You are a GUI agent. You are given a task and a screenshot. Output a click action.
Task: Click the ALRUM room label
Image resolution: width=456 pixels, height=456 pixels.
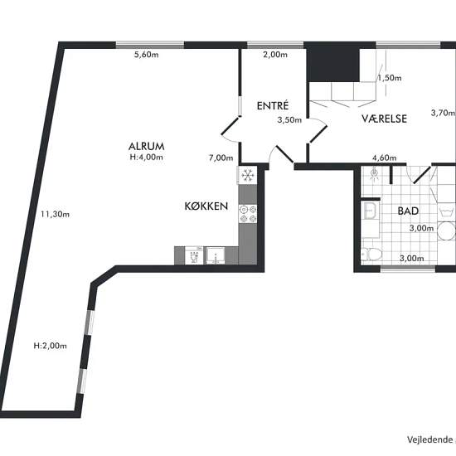(x=146, y=146)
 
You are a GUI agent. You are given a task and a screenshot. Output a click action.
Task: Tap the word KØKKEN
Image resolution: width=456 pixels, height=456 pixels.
(x=206, y=206)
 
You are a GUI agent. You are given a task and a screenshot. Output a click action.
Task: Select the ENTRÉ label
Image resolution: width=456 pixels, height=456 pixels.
(x=273, y=105)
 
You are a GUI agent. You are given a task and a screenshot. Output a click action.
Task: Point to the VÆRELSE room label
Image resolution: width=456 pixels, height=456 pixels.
(x=384, y=119)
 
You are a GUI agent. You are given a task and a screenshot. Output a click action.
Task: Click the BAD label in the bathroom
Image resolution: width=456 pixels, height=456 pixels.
(x=408, y=211)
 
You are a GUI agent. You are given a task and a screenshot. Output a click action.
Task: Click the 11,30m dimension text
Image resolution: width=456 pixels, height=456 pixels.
(x=55, y=215)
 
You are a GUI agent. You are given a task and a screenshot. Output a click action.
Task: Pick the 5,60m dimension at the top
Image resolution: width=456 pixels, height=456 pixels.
(x=146, y=55)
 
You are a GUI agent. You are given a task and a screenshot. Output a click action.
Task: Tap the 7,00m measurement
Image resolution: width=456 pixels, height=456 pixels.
(x=221, y=158)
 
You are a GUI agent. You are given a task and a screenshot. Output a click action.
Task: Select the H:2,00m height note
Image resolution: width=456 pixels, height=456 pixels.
(x=51, y=346)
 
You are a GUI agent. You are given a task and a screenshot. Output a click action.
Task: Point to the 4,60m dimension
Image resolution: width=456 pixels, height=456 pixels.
(x=385, y=158)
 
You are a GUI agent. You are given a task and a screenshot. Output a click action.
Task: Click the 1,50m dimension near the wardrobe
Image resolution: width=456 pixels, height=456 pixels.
(x=390, y=78)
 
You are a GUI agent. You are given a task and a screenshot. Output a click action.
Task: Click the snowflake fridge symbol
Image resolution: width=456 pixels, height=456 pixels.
(x=248, y=175)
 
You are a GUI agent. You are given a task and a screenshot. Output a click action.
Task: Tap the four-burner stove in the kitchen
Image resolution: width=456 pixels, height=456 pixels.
(x=248, y=214)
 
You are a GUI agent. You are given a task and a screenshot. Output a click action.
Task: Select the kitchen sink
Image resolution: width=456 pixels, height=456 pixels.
(x=216, y=255)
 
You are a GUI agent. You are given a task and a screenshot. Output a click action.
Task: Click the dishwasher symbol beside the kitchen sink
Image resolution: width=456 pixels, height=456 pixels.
(x=194, y=255)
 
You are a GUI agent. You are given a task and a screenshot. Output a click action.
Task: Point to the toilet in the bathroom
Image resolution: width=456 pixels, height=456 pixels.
(x=371, y=255)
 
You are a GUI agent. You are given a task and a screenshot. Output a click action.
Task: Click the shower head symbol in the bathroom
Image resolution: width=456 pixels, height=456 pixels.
(x=374, y=172)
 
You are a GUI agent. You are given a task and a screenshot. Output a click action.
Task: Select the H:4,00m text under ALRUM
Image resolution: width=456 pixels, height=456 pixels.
(x=146, y=157)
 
